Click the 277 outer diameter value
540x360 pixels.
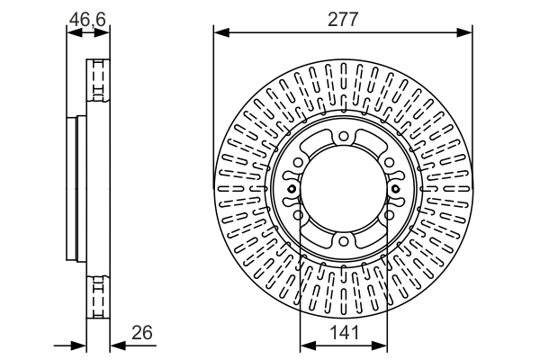pos(343,17)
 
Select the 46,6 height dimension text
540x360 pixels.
pos(87,16)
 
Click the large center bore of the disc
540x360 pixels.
pos(343,191)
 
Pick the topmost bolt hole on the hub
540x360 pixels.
pos(343,136)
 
